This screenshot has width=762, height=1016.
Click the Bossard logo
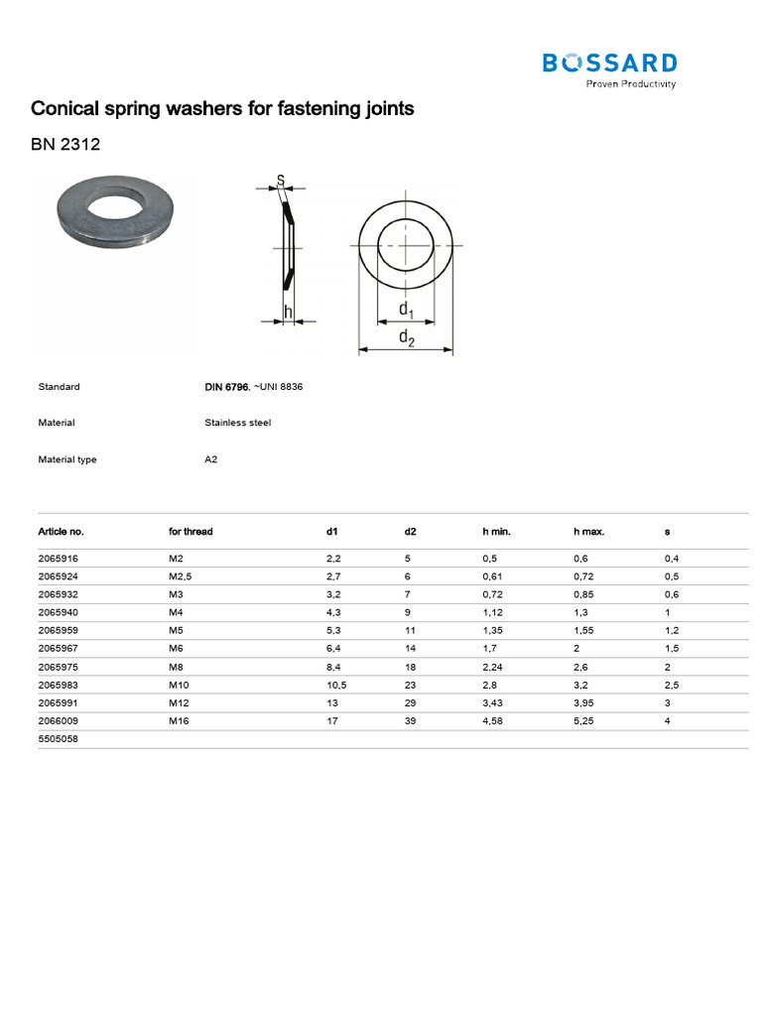[x=610, y=70]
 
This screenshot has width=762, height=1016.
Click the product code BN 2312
[x=65, y=144]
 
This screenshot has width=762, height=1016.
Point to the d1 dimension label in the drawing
[x=406, y=310]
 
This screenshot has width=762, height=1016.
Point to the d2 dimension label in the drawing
[x=406, y=337]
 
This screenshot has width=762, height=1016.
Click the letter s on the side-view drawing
[x=281, y=180]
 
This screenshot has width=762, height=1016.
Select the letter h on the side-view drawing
[x=289, y=313]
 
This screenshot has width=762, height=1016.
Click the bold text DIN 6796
[x=227, y=387]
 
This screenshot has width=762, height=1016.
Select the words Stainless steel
[x=238, y=423]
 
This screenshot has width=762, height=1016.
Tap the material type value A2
[x=211, y=459]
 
